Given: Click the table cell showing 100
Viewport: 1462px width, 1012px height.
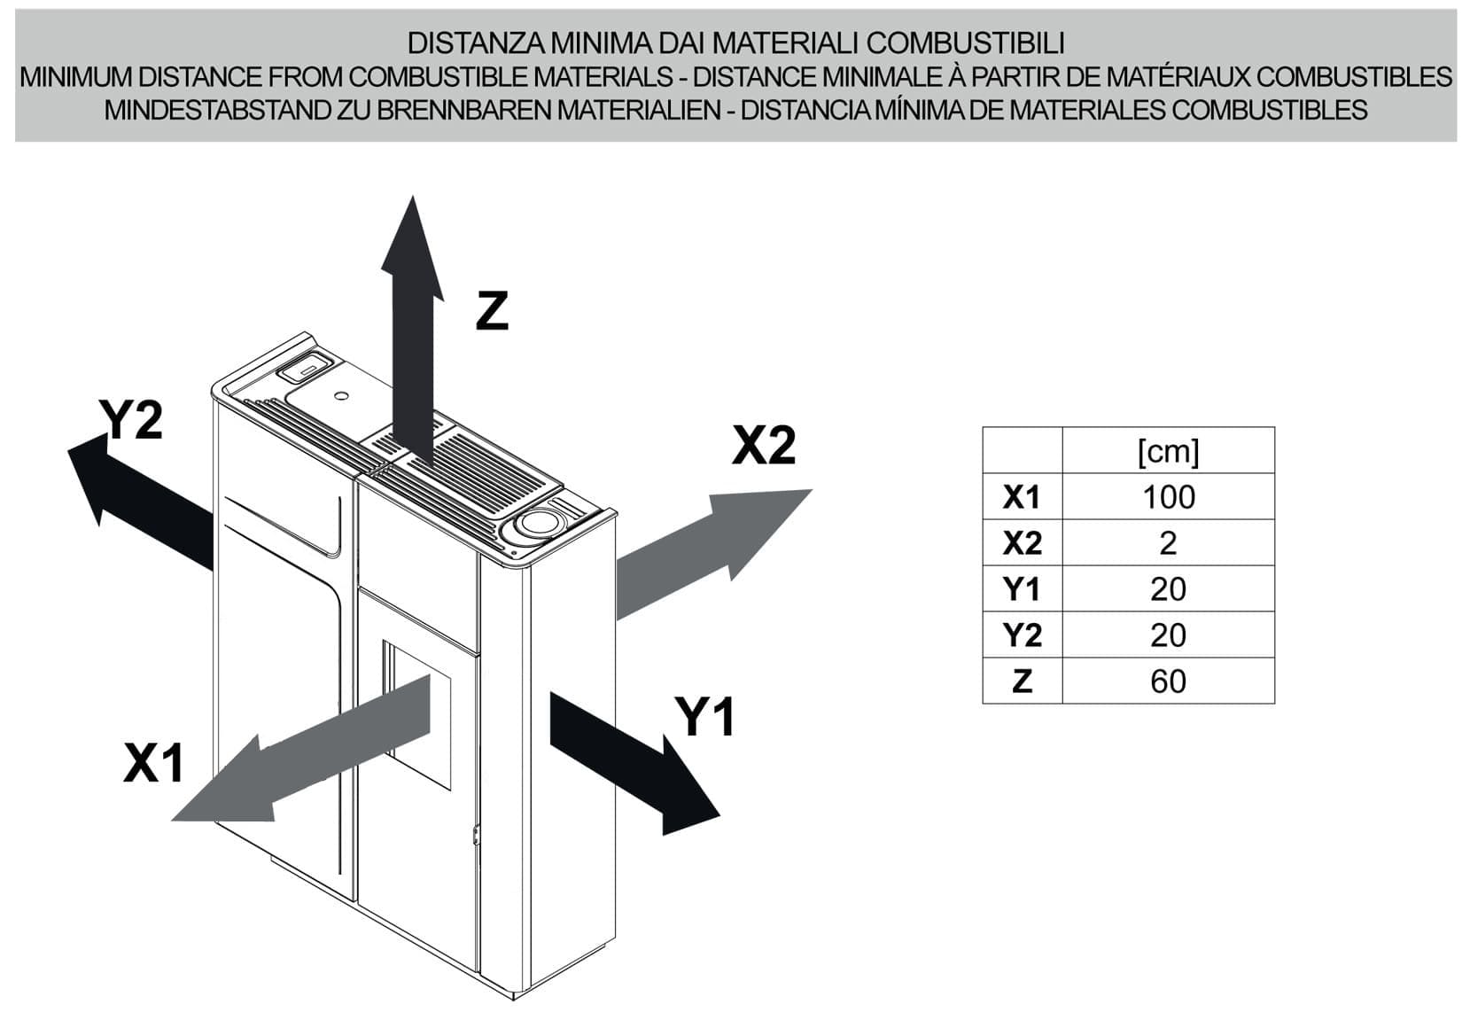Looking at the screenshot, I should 1168,497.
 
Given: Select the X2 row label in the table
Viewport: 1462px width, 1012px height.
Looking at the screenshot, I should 1022,543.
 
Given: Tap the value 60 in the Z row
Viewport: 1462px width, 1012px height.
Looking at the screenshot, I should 1168,681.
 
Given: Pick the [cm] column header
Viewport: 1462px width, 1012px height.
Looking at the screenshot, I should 1168,451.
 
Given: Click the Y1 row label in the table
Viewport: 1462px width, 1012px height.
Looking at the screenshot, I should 1022,589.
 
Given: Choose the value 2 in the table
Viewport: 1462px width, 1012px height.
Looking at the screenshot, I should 1168,543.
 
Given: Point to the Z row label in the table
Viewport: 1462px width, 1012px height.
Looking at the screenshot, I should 1022,681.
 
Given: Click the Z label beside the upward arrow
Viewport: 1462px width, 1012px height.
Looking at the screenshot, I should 492,311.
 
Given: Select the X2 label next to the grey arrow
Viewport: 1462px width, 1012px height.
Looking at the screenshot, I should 764,445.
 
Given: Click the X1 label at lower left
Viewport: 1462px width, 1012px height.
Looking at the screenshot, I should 153,762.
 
